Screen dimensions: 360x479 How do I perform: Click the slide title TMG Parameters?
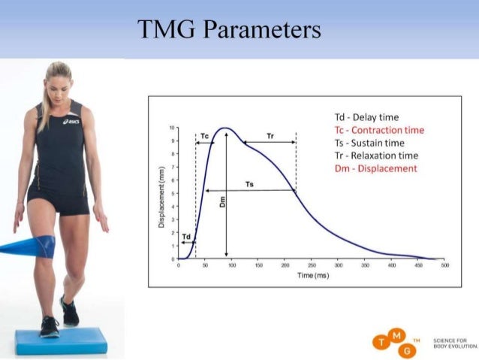(x=230, y=29)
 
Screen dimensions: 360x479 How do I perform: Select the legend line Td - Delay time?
(x=366, y=117)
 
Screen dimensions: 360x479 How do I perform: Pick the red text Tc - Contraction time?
(x=379, y=130)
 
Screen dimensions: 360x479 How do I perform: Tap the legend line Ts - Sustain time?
(x=369, y=143)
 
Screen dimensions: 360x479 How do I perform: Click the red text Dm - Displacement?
(x=375, y=168)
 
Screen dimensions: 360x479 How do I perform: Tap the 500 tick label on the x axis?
(x=444, y=266)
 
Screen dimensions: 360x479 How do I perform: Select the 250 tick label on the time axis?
(x=312, y=266)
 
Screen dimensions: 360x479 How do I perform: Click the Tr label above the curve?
(x=270, y=136)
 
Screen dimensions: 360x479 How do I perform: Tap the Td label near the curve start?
(x=186, y=236)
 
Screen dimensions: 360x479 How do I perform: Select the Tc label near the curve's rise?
(x=205, y=136)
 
